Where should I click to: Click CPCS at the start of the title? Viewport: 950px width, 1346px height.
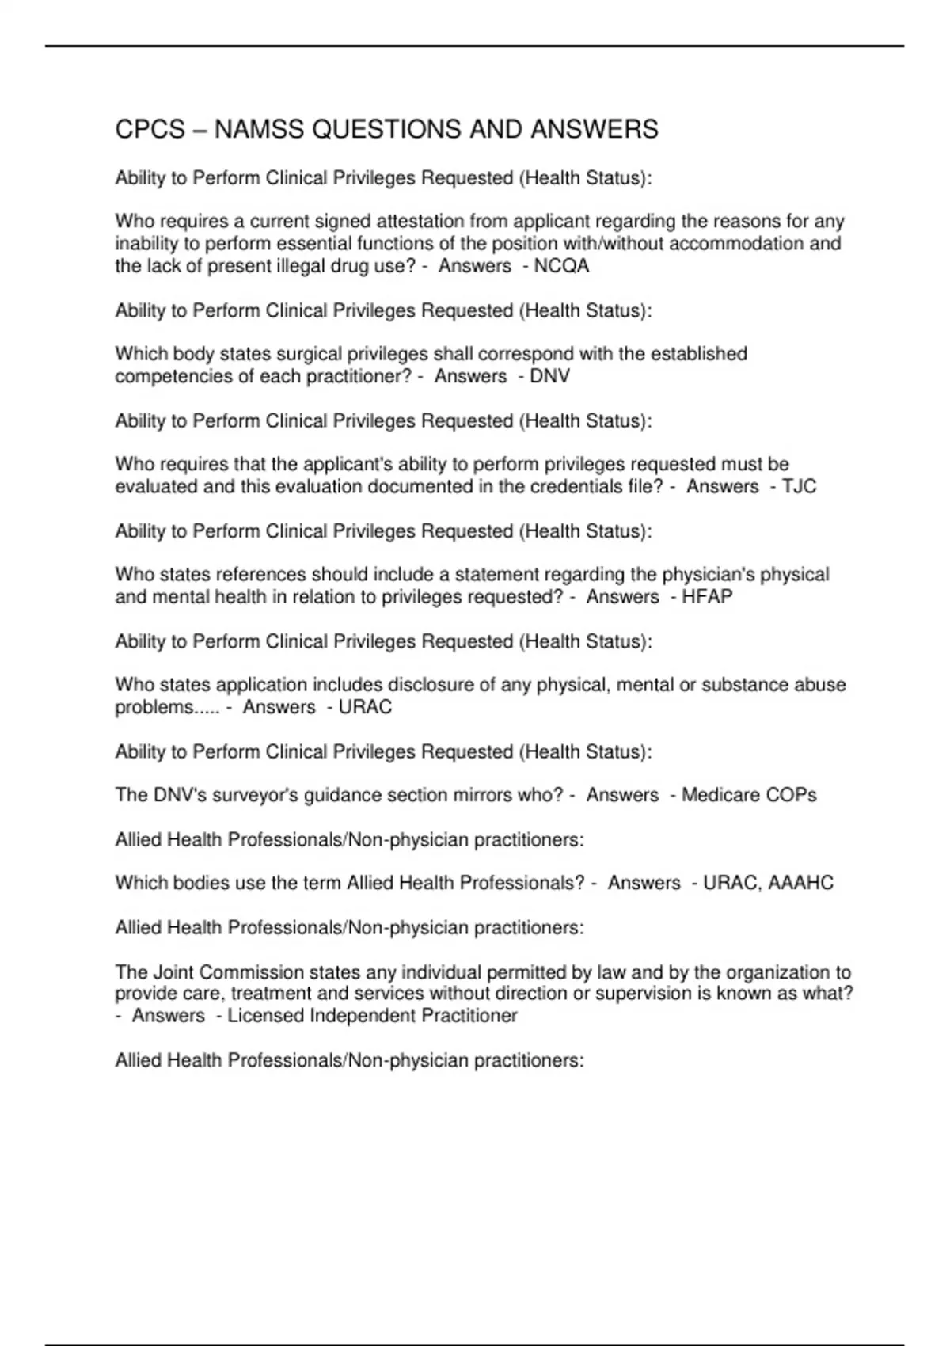150,129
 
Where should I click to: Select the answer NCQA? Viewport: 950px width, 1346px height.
561,266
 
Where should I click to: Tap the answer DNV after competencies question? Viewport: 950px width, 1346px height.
549,376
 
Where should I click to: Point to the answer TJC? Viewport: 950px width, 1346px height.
799,486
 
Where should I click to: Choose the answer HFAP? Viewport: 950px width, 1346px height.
707,596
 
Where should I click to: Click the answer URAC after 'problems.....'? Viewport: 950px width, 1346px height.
365,706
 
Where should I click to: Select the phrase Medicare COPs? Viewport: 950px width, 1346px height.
749,794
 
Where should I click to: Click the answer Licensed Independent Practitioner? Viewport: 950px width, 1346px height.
372,1015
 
